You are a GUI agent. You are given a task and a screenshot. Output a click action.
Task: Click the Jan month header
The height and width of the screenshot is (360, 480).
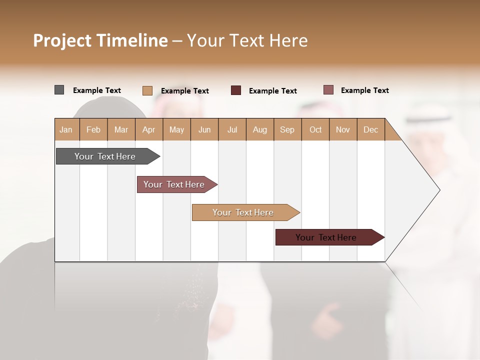(66, 129)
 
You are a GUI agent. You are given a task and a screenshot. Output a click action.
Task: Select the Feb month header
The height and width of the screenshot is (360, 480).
(93, 129)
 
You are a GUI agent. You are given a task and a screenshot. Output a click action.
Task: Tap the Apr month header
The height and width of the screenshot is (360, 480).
(148, 129)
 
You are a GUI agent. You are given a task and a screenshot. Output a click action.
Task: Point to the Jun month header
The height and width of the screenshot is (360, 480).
(204, 129)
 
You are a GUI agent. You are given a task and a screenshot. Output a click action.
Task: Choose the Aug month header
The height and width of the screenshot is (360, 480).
(259, 129)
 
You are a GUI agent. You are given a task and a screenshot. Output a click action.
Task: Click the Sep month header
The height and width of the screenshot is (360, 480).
(287, 129)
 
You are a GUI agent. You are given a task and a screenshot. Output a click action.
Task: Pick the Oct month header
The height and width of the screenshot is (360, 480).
(315, 129)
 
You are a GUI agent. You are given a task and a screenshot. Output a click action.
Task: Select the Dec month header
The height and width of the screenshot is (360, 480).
(370, 129)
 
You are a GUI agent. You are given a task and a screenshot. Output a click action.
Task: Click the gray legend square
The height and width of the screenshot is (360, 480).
(59, 90)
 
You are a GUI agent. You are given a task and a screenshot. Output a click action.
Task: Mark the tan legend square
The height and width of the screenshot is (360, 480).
(147, 90)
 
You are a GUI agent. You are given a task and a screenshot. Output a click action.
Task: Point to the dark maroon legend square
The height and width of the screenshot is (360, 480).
(236, 90)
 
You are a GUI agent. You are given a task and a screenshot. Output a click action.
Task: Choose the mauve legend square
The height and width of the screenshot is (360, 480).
(328, 90)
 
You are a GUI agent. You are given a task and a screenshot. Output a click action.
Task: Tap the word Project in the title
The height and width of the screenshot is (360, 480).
(62, 40)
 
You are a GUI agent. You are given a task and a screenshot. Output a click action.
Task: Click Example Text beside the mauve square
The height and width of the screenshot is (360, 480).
(364, 90)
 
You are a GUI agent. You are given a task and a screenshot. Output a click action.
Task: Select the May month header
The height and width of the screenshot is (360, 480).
(176, 129)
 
